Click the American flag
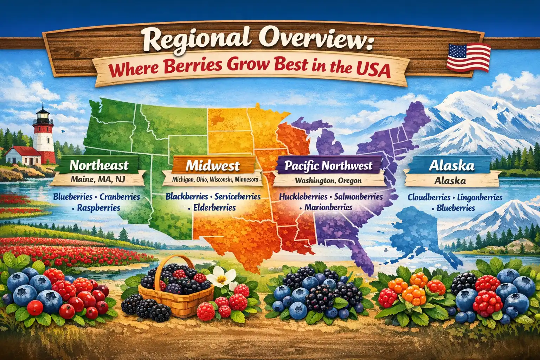(469, 57)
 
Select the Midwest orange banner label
(213, 165)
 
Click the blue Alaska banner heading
(451, 166)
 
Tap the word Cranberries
(120, 197)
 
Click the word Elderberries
(214, 207)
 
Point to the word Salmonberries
(358, 197)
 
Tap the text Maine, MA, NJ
(98, 179)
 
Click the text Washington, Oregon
(328, 181)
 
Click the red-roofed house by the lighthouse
(25, 155)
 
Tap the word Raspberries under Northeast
(99, 207)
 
